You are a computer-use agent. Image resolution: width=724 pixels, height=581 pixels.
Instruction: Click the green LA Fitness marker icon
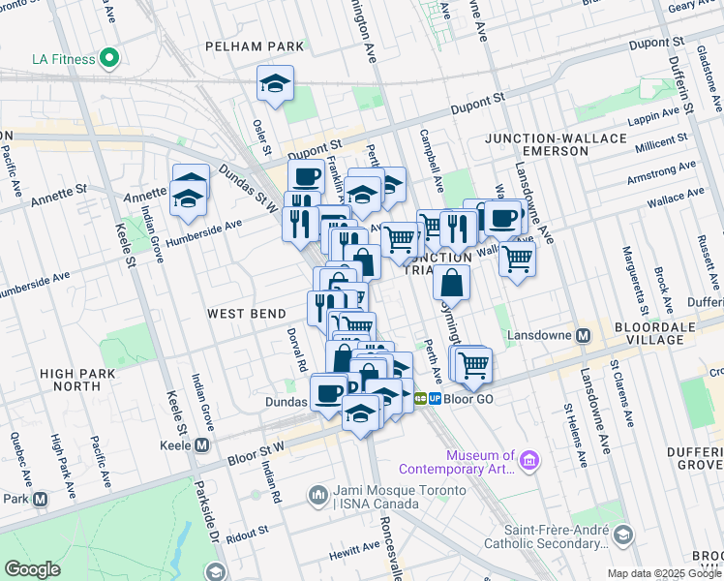(109, 59)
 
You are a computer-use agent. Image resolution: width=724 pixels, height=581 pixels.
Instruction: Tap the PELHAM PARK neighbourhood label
(255, 46)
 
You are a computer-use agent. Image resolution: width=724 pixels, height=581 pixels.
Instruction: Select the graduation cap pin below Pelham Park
(275, 84)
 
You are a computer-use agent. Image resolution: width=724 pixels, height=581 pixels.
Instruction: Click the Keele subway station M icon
(201, 445)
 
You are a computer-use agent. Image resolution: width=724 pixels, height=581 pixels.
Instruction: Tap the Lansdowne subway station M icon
(583, 336)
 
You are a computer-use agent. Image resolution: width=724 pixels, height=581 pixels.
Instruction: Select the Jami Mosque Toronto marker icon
(318, 496)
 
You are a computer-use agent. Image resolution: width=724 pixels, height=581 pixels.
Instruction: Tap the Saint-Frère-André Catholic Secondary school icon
(623, 535)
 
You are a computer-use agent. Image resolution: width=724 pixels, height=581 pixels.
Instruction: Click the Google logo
(33, 568)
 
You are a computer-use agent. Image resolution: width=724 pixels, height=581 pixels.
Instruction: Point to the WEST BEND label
(246, 315)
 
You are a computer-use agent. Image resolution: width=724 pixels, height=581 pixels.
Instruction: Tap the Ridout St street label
(248, 533)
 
